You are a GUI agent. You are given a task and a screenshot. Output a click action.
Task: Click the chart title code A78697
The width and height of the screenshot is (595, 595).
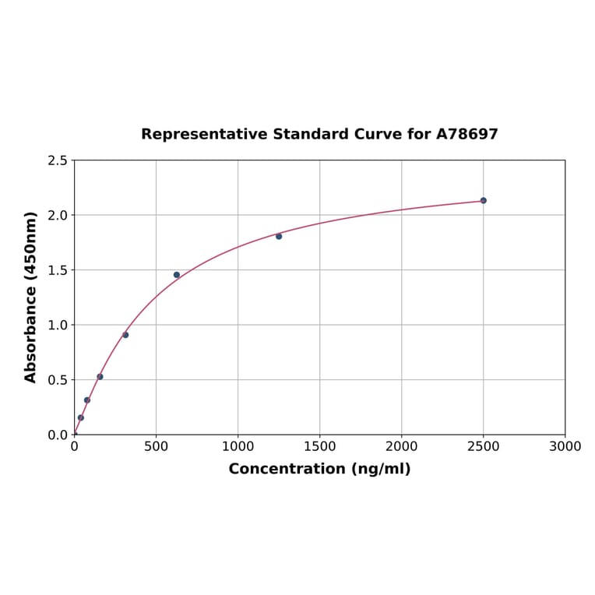pos(466,135)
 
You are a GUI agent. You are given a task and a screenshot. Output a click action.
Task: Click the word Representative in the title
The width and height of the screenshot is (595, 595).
pos(204,135)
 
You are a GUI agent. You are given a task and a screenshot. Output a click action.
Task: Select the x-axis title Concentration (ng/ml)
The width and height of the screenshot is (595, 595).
pos(319,469)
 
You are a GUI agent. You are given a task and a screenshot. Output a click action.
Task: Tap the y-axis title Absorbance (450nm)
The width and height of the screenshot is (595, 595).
pos(31,297)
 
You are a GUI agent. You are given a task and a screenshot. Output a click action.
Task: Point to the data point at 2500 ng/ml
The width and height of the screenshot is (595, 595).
pos(483,200)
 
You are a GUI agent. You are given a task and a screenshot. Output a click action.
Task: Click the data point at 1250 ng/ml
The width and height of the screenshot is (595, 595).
pos(279,236)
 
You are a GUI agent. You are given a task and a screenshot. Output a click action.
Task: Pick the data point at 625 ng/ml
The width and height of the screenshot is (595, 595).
pos(177,275)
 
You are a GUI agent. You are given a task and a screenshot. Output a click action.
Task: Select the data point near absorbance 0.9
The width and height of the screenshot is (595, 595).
pos(125,335)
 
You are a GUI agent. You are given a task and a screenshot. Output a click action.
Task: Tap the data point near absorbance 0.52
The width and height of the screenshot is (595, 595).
pos(100,377)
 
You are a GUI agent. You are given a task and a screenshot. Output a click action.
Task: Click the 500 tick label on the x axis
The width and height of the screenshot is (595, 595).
pos(156,447)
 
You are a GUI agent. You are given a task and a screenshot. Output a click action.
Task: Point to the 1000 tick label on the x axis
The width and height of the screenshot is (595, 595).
pos(238,447)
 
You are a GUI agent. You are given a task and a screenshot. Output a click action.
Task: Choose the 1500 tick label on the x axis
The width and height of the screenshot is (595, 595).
pos(319,447)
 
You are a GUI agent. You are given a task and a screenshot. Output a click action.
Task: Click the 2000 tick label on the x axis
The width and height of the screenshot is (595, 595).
pos(401,447)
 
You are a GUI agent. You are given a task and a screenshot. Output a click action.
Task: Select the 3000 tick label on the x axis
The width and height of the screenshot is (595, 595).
pos(565,447)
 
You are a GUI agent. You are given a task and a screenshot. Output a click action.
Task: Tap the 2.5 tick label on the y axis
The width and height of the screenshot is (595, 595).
pos(58,160)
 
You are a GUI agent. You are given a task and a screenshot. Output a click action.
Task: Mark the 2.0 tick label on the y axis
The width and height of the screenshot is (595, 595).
pos(58,215)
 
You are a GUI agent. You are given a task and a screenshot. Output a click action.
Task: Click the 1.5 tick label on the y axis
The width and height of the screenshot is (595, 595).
pos(58,270)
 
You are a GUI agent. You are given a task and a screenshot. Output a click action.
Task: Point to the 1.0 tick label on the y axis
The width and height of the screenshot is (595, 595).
pos(58,325)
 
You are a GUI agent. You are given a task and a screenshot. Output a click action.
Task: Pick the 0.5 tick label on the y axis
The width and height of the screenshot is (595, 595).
pos(58,380)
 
